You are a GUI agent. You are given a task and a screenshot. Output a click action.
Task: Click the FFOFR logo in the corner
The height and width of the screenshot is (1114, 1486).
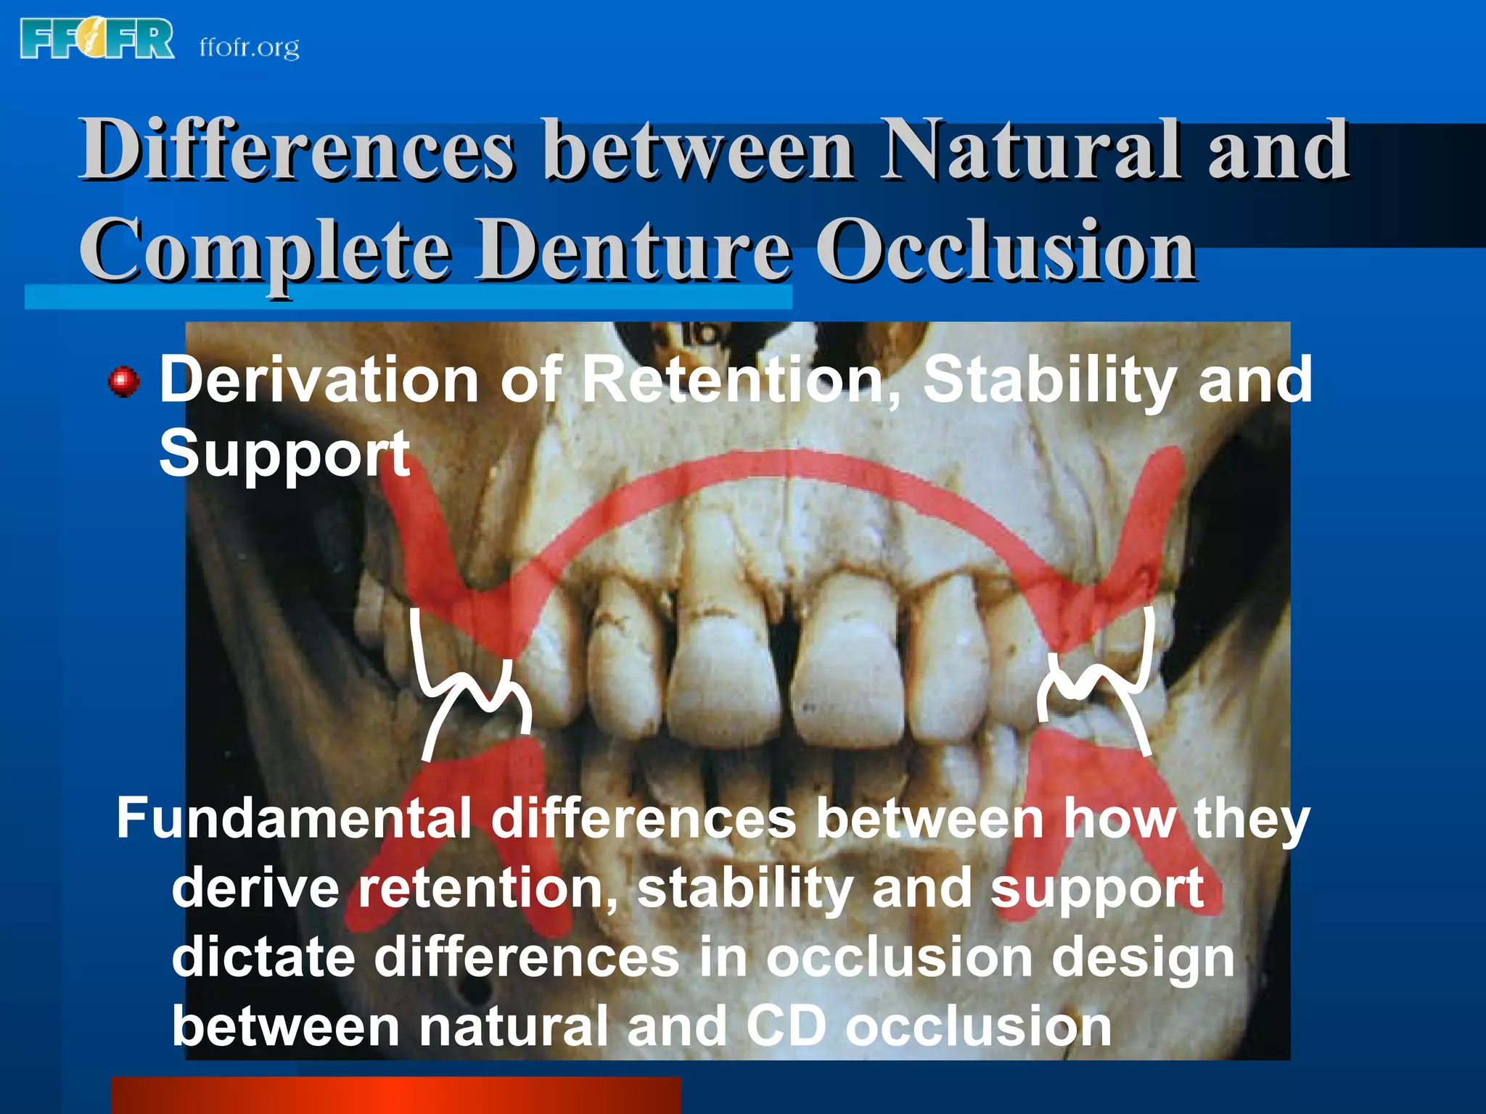click(x=97, y=39)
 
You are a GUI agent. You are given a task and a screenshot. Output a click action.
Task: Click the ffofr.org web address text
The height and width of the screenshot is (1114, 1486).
click(x=249, y=48)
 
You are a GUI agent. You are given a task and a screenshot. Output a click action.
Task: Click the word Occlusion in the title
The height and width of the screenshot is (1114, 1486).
click(x=1006, y=250)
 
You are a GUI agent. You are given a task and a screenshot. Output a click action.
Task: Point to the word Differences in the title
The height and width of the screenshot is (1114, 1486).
click(x=297, y=150)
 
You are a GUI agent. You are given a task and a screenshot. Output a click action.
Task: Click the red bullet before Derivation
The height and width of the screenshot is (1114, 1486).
click(x=123, y=381)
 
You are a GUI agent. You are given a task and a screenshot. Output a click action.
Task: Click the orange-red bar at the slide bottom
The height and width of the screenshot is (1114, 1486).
click(x=395, y=1095)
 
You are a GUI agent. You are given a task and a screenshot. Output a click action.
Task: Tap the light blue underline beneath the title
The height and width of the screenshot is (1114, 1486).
click(x=406, y=297)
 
